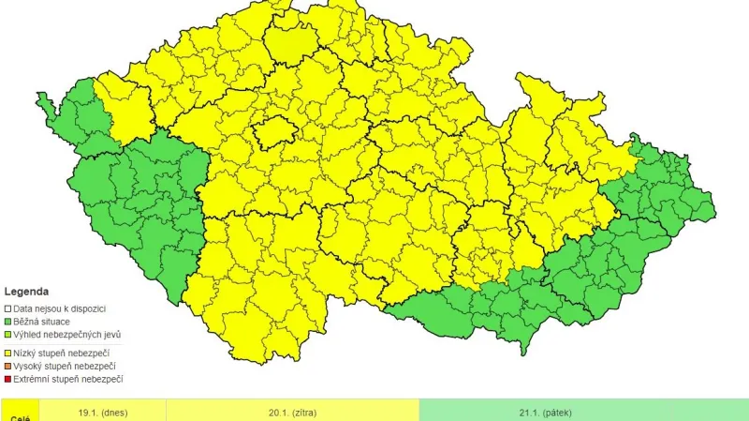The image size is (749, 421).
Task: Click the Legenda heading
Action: point(26,292)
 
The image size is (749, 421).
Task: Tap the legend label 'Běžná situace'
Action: point(43,322)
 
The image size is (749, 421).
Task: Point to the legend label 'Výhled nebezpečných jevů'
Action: point(67,335)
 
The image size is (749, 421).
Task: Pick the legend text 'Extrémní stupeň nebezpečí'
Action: point(68,379)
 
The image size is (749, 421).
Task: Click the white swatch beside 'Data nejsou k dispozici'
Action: point(7,308)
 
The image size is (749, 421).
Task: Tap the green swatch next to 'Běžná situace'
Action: point(7,322)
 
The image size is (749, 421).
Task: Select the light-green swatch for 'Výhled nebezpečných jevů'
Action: point(7,335)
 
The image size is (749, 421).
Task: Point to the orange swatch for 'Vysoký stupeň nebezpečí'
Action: point(7,366)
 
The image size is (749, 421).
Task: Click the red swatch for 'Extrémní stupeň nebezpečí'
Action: point(7,379)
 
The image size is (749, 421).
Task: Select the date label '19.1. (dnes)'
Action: point(103,413)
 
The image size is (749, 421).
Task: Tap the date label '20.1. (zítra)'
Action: point(292,413)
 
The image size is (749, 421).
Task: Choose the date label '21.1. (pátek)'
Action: point(545,413)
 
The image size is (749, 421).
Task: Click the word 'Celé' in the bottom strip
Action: point(20,417)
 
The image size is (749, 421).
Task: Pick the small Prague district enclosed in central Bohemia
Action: point(272,132)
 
